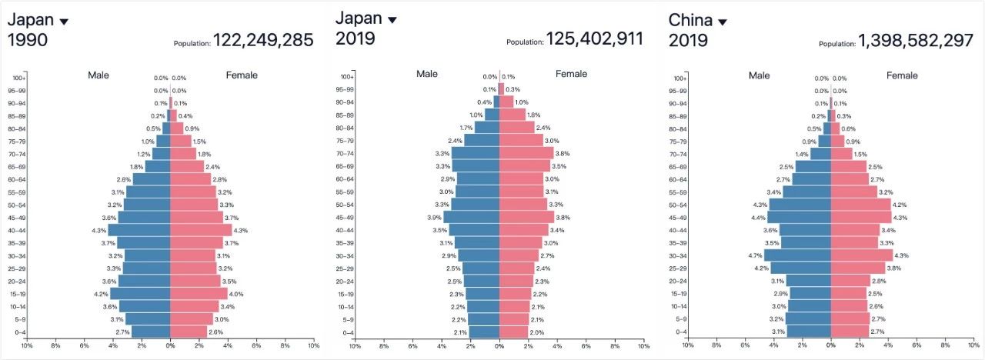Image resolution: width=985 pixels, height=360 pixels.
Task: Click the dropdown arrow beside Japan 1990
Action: [x=64, y=22]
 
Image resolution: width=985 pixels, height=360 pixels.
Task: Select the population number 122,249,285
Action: [x=263, y=40]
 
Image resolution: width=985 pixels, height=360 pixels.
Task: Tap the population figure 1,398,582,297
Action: [x=917, y=41]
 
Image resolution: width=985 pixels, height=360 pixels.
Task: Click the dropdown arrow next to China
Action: [x=722, y=22]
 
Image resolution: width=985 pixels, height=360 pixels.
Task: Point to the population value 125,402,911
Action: [x=594, y=38]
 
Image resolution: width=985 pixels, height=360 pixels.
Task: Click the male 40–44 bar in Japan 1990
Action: [x=139, y=230]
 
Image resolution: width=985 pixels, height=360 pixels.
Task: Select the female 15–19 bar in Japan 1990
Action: [x=199, y=294]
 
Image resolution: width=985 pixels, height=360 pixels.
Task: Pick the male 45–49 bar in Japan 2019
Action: [x=471, y=217]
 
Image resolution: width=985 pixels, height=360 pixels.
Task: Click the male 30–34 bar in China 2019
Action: [x=797, y=255]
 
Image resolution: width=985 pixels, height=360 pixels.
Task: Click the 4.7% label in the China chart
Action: [x=754, y=255]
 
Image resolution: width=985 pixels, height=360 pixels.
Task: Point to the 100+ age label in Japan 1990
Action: [x=20, y=78]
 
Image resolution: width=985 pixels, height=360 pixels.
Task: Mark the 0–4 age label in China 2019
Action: [x=681, y=332]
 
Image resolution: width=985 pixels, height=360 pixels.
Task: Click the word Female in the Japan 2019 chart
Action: [x=571, y=74]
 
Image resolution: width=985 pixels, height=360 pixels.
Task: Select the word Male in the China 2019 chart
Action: [x=759, y=75]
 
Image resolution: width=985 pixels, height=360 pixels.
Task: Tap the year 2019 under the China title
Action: [x=688, y=40]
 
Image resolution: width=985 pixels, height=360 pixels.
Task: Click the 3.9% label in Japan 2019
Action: [x=434, y=218]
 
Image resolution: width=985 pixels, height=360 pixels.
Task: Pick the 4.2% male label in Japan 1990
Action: [x=100, y=294]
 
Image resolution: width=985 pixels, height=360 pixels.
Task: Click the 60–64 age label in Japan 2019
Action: [x=346, y=178]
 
